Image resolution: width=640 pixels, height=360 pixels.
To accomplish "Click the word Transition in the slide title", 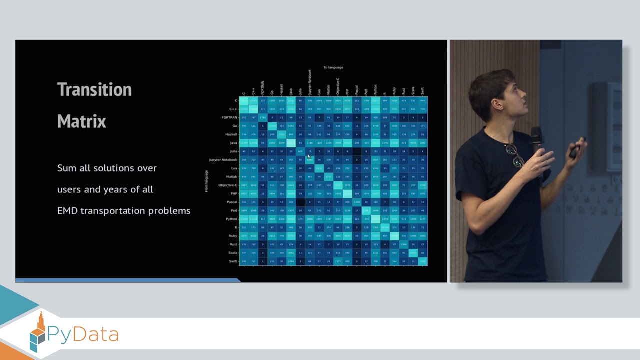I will (x=94, y=90).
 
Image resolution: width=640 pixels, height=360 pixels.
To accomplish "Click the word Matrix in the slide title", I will (x=81, y=121).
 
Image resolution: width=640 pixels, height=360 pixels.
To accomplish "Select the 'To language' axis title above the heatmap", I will (x=333, y=67).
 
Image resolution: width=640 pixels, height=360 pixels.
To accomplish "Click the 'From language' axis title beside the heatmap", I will (x=206, y=181).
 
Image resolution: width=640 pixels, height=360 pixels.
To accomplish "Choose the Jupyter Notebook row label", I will (x=223, y=160).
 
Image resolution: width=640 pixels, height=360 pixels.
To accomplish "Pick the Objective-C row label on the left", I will (x=228, y=185).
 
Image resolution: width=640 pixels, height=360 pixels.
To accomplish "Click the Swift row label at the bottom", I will (x=233, y=261).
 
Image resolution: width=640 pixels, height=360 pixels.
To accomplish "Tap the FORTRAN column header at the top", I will (x=263, y=87).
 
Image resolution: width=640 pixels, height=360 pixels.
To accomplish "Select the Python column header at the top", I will (x=375, y=89).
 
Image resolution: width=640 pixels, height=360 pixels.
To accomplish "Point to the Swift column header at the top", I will (x=422, y=91).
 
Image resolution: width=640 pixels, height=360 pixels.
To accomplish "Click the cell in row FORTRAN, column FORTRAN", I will (x=263, y=117).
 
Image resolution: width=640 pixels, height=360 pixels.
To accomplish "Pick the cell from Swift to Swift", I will (x=422, y=261).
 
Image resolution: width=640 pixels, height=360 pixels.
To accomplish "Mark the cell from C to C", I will (x=244, y=101).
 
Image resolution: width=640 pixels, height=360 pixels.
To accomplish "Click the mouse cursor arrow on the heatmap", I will (x=309, y=156).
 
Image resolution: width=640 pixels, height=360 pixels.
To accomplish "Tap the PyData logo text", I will (x=83, y=334).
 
